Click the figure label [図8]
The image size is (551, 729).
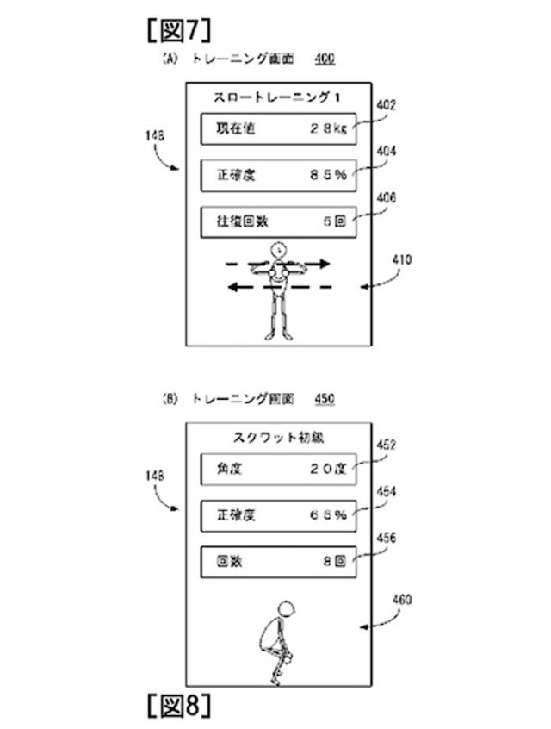(x=179, y=707)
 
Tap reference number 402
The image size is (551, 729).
(x=387, y=107)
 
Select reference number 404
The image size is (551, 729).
(x=387, y=150)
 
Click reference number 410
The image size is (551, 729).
(x=403, y=258)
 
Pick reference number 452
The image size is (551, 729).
(x=387, y=445)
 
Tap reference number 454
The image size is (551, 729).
(x=387, y=491)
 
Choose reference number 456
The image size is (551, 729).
(x=387, y=537)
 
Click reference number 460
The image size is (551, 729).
(x=403, y=600)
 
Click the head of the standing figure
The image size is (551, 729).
(x=278, y=251)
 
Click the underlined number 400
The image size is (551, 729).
(x=325, y=59)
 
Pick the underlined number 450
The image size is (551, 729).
(x=325, y=399)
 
